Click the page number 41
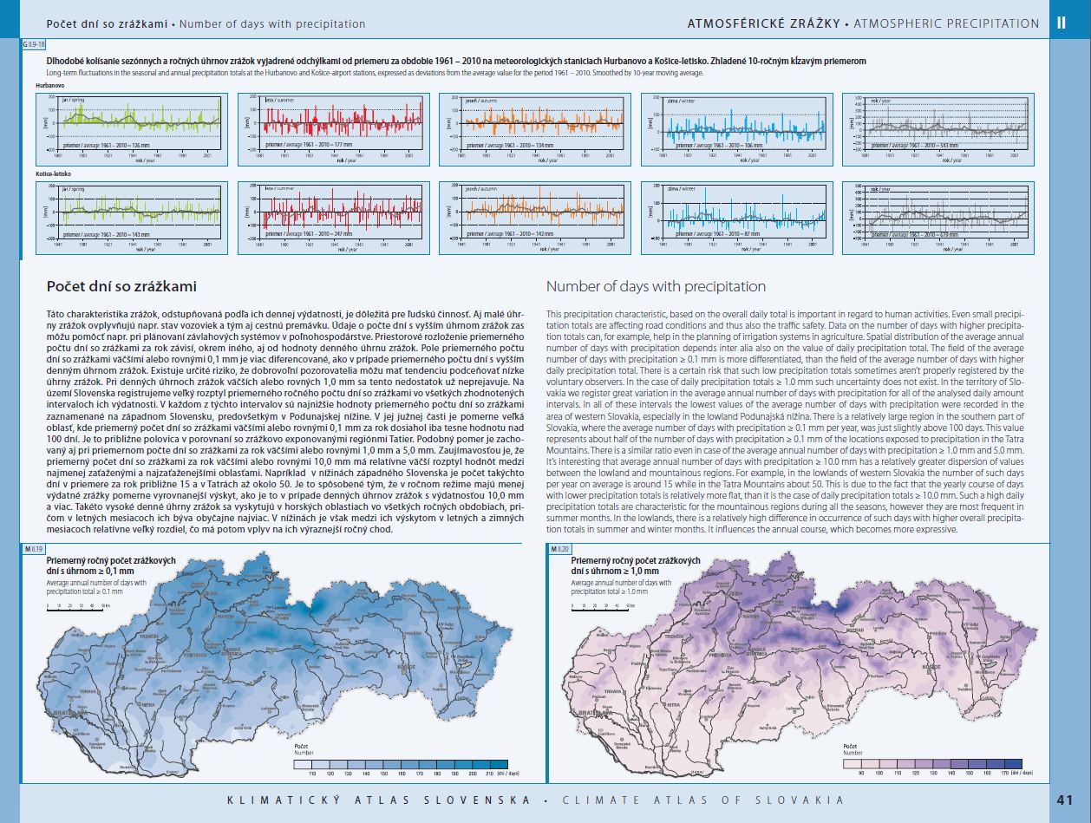(1065, 800)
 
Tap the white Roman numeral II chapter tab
(1062, 23)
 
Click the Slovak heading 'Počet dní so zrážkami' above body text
(121, 286)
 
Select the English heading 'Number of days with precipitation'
(656, 286)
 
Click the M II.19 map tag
(33, 549)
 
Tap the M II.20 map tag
(559, 549)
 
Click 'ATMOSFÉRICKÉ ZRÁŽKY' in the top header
(763, 23)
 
